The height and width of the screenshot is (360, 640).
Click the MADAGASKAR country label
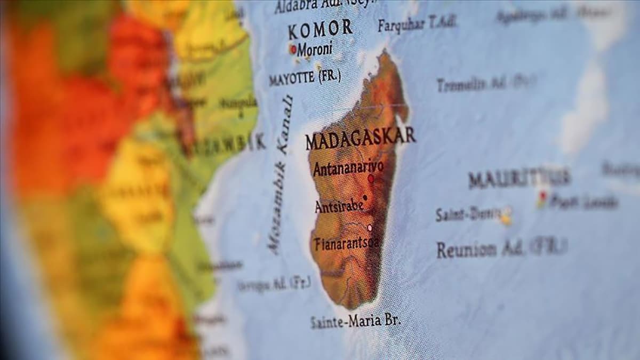(x=360, y=138)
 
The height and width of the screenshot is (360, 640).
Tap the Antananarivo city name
(x=348, y=168)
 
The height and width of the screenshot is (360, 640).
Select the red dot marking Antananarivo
(x=371, y=179)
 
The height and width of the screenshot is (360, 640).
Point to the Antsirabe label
(x=339, y=206)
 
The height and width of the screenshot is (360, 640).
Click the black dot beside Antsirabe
(x=365, y=197)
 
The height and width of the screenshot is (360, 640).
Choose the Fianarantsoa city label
(x=347, y=243)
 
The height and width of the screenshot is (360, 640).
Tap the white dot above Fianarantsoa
(x=370, y=228)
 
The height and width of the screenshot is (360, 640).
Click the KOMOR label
(x=320, y=29)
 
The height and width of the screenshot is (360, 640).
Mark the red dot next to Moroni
(x=293, y=49)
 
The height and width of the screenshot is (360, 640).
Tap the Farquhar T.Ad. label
(x=417, y=23)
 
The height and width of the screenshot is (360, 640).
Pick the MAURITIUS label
(x=519, y=178)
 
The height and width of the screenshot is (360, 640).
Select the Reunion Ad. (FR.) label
(x=500, y=249)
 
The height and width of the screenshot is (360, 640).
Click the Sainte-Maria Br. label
(x=355, y=321)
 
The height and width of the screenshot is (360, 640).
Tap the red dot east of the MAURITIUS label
(x=543, y=196)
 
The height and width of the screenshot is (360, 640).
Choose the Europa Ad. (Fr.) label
(x=274, y=284)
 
